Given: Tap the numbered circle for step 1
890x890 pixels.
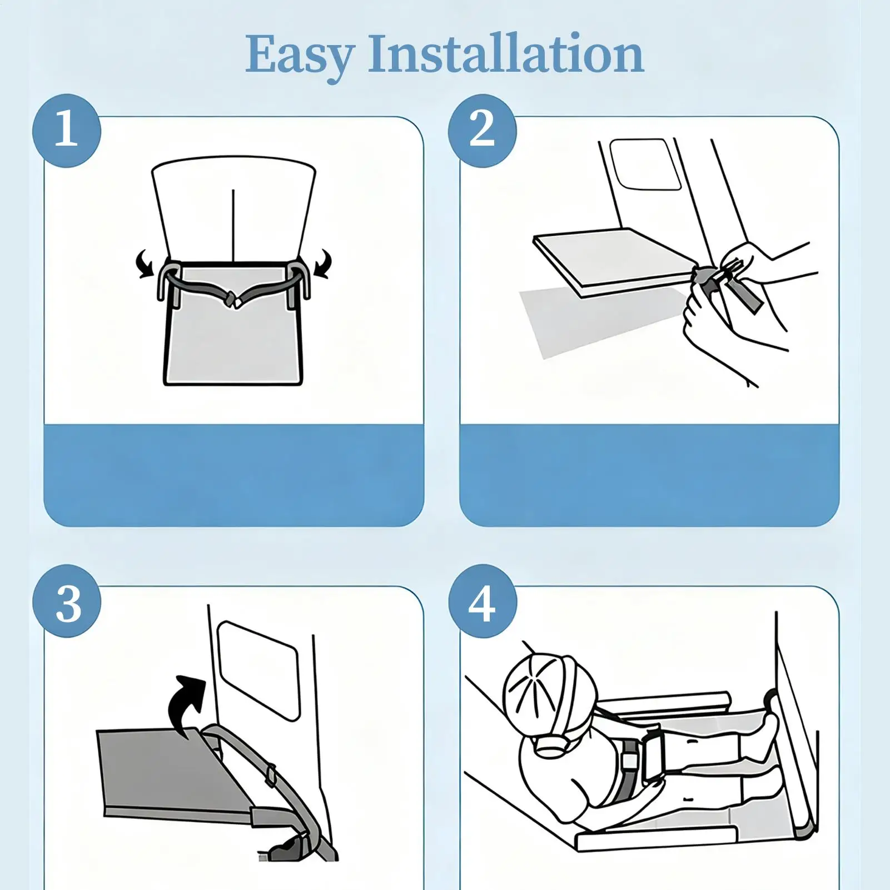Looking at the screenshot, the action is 67,131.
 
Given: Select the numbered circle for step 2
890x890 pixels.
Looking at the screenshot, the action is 483,131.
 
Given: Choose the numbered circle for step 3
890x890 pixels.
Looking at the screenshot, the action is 67,601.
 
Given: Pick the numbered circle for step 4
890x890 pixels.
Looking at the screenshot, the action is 483,601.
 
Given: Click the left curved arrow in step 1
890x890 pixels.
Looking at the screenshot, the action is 145,263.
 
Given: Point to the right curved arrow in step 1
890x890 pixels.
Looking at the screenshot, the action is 323,263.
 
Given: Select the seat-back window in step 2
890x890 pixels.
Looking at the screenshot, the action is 645,164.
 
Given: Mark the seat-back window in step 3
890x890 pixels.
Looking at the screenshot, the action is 259,670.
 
